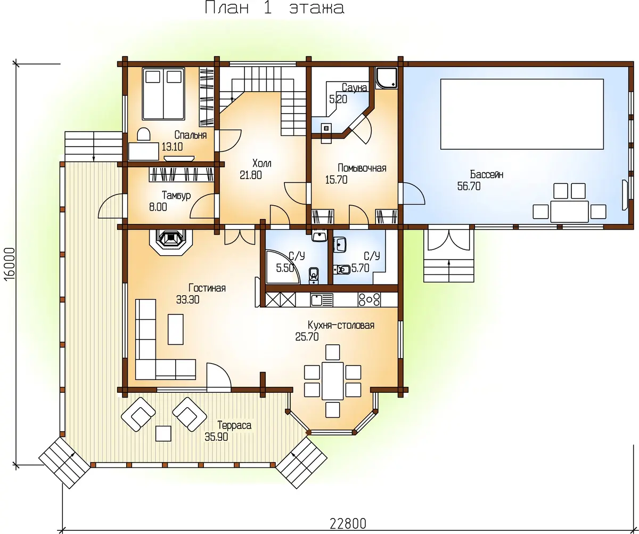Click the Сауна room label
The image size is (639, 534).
coord(354,87)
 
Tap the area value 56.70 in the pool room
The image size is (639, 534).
coord(469,186)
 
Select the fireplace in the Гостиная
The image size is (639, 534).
coord(171,242)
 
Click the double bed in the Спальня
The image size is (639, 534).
coord(163,94)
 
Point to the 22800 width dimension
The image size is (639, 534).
coord(348,523)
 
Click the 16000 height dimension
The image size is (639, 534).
coord(10,263)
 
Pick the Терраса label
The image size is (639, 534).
coord(234,425)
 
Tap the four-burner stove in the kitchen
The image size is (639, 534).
coord(369,300)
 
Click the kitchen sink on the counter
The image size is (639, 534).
coord(322,300)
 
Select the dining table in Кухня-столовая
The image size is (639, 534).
coord(332,381)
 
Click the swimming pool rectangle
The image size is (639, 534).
coord(522,114)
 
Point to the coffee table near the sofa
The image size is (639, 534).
coord(175,329)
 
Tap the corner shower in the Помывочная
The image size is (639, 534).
coord(387,78)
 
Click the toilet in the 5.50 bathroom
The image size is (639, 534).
coord(314,276)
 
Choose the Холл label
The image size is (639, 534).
coord(261,163)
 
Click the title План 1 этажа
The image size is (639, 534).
coord(275,7)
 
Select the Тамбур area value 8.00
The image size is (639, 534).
coord(158,207)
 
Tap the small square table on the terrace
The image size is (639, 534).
coord(163,433)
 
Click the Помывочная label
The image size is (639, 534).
coord(362,168)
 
